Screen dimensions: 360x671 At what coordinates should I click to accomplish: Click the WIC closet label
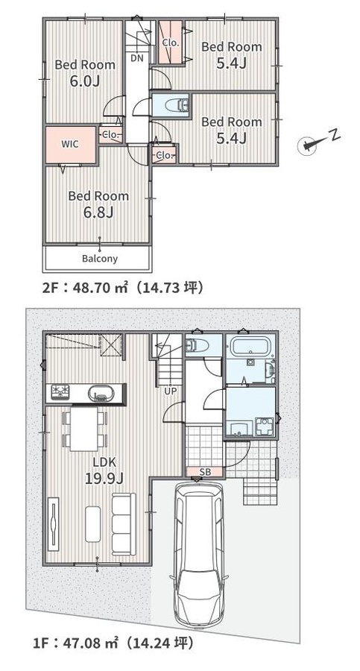70,144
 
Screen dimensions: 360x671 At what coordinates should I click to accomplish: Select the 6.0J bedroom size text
85,81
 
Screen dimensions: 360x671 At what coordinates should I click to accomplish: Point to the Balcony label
100,259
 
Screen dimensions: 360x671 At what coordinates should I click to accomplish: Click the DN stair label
137,58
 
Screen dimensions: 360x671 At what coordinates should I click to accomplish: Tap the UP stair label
171,390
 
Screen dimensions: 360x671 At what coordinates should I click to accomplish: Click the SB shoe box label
205,472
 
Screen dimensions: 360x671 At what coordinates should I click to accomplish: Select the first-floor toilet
197,344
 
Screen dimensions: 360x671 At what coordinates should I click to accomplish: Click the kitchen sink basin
101,393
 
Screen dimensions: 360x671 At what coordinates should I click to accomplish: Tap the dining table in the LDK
84,429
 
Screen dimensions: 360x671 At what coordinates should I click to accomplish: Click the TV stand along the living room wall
54,523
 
